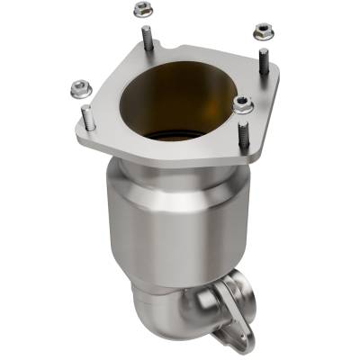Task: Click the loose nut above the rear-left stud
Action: coord(141,10)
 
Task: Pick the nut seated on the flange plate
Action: coord(242,103)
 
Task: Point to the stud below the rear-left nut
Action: coord(146,38)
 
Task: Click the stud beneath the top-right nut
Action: coord(263,60)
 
